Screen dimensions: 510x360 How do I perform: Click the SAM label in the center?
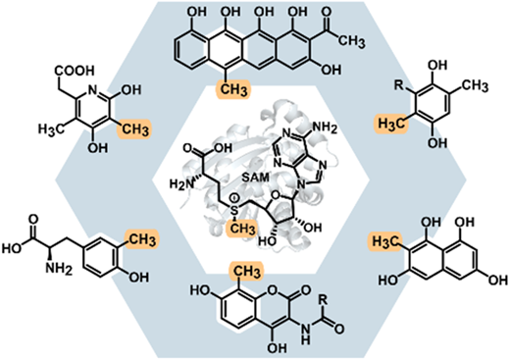pos(256,178)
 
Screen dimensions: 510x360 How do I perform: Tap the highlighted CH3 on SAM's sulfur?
pos(242,229)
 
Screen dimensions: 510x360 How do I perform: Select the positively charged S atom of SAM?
pos(234,210)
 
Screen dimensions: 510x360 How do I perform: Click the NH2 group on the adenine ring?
pos(323,128)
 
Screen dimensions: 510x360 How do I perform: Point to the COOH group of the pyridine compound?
pos(75,71)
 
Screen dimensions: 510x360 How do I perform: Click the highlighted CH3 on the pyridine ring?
pos(134,129)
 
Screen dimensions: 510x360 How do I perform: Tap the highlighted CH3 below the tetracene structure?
pos(233,89)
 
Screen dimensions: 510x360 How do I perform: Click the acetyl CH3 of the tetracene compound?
pos(350,41)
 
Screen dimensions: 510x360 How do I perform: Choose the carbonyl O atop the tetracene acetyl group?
pos(327,13)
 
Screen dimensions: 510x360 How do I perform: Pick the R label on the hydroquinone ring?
pos(398,86)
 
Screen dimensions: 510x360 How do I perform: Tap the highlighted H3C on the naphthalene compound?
pos(385,242)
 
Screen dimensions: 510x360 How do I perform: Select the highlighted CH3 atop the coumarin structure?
pos(247,272)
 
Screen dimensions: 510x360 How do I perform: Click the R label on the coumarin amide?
pos(322,299)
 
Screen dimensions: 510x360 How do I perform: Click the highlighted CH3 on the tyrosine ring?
pos(140,239)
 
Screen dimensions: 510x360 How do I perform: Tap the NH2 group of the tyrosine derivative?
pos(58,269)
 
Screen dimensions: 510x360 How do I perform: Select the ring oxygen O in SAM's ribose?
pos(277,195)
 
